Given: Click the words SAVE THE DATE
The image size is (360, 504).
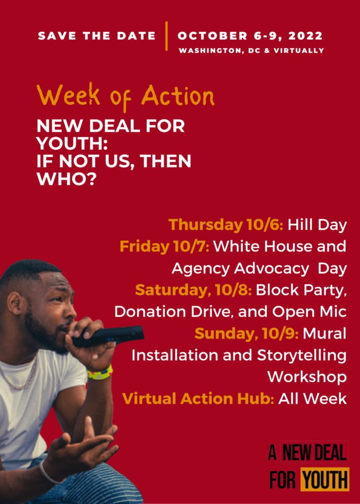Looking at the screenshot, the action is (x=97, y=36).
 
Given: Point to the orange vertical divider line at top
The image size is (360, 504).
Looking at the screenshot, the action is (x=167, y=36).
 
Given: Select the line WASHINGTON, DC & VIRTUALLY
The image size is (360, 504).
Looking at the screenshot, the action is (x=251, y=51).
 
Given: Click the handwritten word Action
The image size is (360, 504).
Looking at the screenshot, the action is (x=178, y=96).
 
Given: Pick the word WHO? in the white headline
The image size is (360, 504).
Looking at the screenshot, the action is (x=66, y=179).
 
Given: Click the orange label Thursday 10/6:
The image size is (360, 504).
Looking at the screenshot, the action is (x=226, y=225).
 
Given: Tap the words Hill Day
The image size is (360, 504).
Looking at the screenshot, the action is (x=317, y=225).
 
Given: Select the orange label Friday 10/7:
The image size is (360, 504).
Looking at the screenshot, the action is (x=165, y=246).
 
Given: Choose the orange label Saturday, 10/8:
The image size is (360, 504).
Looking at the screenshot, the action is (x=193, y=290).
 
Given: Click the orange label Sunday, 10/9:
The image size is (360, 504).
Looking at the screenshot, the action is (x=247, y=334).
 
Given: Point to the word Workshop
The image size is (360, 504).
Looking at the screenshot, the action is (x=307, y=377).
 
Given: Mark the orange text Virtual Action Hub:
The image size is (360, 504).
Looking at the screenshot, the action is (x=198, y=399).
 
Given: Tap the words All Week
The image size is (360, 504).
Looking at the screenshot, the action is (x=312, y=399).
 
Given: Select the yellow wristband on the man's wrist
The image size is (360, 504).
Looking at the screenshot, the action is (x=100, y=372).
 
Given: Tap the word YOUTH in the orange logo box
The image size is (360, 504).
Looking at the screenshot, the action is (x=325, y=480).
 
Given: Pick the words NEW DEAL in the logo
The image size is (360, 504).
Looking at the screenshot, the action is (x=315, y=452).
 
